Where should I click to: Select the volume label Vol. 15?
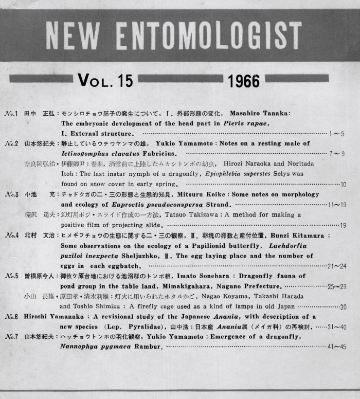click(x=105, y=80)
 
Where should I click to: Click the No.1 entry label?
click(x=11, y=113)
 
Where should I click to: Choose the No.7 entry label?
click(x=11, y=336)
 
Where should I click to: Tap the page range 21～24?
click(x=336, y=266)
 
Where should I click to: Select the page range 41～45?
click(x=336, y=347)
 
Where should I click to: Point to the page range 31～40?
click(x=336, y=327)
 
